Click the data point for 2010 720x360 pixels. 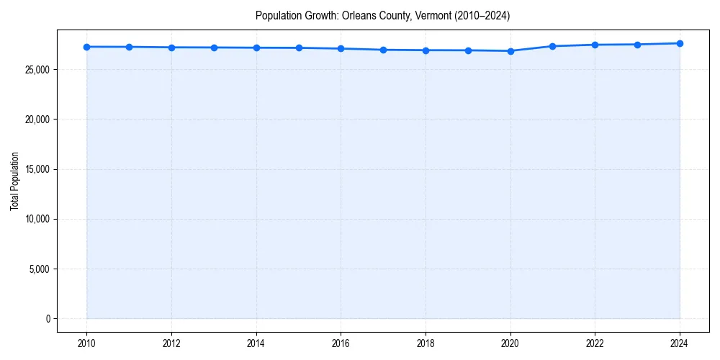pos(86,47)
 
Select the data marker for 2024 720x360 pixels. pos(680,43)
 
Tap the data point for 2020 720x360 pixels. pos(510,51)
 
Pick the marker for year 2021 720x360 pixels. pos(552,46)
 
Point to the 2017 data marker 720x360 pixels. pos(383,50)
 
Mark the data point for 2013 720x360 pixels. pos(214,48)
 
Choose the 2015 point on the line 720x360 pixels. pos(299,48)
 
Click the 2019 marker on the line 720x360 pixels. pos(468,50)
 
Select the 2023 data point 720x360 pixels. pos(637,45)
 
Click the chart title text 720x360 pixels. pos(382,16)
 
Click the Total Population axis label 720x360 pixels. pos(14,181)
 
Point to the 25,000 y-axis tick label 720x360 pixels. pos(37,70)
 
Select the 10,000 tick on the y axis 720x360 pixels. pos(37,219)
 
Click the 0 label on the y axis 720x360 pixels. pos(48,319)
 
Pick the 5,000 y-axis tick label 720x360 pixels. pos(39,269)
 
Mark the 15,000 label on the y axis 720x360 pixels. pos(37,169)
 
